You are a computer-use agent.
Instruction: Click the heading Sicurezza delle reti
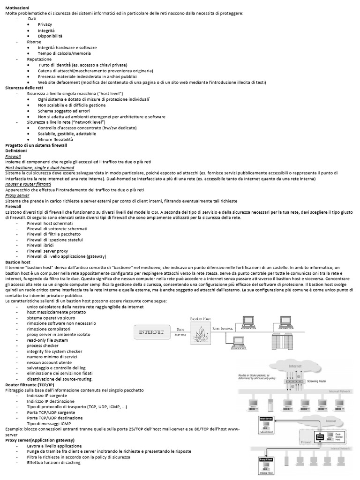coord(24,88)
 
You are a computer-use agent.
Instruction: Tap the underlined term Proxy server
coord(17,195)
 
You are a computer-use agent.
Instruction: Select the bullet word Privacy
coord(45,24)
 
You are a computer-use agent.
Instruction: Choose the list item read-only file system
coord(47,340)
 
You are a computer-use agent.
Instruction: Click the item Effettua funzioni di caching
coord(53,462)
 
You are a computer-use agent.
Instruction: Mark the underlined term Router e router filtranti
coord(29,184)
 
